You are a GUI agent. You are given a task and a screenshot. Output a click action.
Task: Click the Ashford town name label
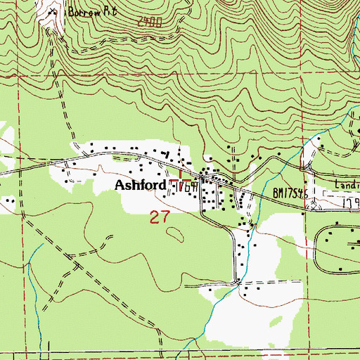coord(141,186)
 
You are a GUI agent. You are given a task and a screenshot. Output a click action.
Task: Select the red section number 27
coord(160,217)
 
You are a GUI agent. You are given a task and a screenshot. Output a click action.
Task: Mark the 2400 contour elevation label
coord(148,23)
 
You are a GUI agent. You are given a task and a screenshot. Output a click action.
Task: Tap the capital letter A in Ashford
coord(120,186)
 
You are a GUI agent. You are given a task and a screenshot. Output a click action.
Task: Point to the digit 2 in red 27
coord(155,217)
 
